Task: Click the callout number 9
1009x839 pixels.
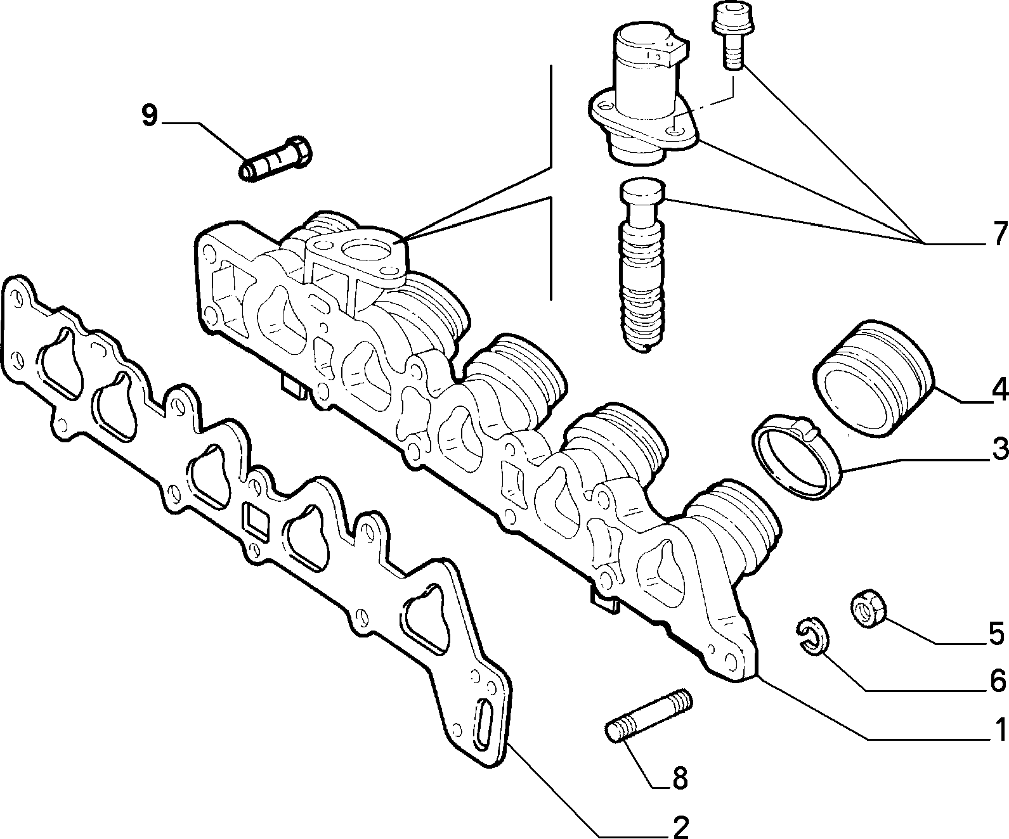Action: tap(150, 116)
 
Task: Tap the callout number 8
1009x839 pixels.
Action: tap(680, 778)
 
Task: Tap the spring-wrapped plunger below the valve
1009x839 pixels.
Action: tap(642, 265)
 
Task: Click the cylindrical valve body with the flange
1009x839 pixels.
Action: tap(643, 95)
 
